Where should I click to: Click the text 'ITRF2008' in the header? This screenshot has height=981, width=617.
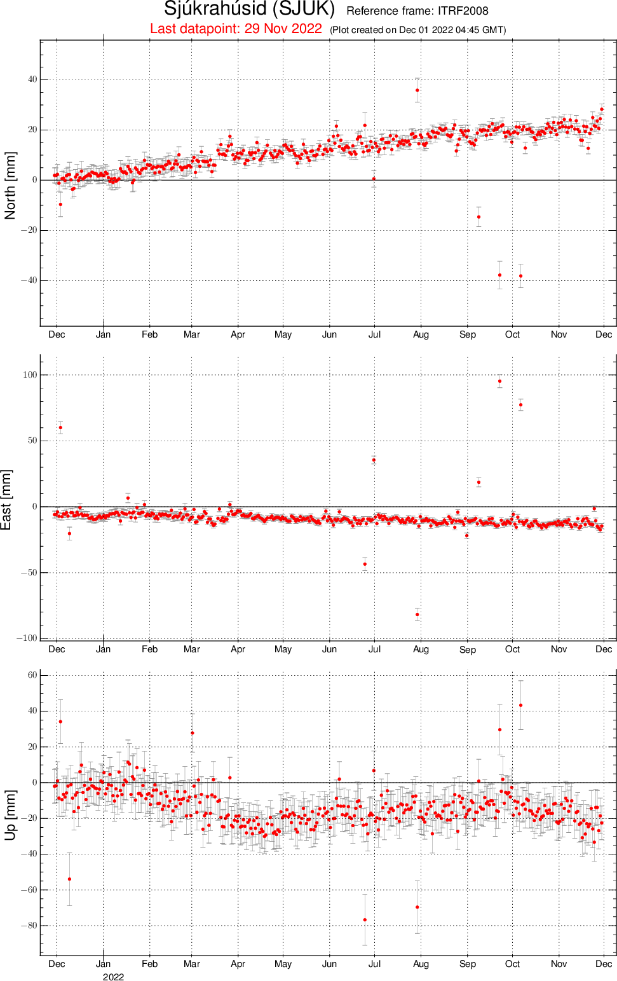click(463, 11)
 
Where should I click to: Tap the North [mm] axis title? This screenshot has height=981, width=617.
click(10, 185)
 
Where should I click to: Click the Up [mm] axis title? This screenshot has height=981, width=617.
click(10, 815)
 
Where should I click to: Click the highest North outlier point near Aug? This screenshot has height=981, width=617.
click(417, 90)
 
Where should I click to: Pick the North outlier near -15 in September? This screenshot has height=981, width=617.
click(478, 217)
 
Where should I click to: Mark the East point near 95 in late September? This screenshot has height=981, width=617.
click(499, 381)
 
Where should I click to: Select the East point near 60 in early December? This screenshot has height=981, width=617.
click(60, 427)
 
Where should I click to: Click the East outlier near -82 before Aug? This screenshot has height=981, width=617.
click(417, 614)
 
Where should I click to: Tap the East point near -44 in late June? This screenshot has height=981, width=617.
click(365, 564)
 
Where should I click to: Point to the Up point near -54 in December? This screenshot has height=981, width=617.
click(69, 879)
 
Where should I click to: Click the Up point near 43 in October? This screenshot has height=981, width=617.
click(520, 705)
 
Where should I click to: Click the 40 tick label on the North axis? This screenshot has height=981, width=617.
click(32, 79)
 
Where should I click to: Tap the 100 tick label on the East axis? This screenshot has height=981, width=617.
click(30, 375)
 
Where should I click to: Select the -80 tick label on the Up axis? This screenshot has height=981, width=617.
click(29, 925)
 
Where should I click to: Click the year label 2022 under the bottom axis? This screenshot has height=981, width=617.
click(113, 977)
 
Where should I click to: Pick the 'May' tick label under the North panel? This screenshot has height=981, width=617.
click(283, 335)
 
